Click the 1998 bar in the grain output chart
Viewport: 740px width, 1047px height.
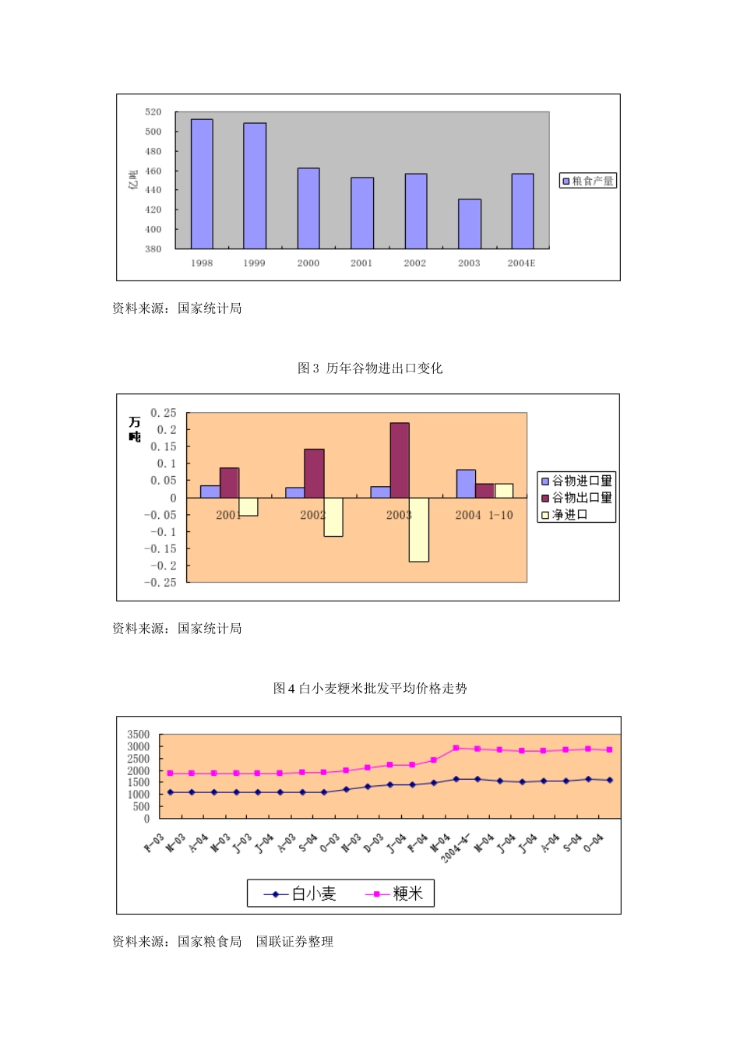[x=202, y=184]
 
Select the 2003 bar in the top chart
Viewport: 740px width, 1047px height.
[x=469, y=224]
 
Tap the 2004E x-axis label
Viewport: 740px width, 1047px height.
[x=521, y=263]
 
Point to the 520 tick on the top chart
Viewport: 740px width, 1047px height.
[x=153, y=112]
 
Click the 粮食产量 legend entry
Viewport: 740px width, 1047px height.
[x=588, y=181]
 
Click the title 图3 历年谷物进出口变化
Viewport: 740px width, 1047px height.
[x=370, y=368]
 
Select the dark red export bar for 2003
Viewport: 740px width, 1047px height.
[x=400, y=460]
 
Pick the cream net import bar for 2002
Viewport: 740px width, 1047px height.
[x=333, y=516]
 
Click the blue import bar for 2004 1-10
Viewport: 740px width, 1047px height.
[x=466, y=484]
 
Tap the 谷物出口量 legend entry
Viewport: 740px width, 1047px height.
[x=576, y=498]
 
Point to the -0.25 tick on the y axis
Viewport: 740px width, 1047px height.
[x=160, y=583]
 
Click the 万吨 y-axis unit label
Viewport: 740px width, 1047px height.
[x=135, y=429]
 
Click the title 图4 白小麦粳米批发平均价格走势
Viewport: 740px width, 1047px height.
[x=370, y=688]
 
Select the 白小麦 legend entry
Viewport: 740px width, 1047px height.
[x=301, y=894]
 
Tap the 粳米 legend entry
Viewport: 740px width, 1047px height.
[x=395, y=894]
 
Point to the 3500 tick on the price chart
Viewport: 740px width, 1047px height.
[x=139, y=735]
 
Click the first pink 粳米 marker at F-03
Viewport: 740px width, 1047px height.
[x=170, y=773]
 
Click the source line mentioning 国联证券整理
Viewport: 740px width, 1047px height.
[x=223, y=941]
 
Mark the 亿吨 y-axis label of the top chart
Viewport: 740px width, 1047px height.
[x=133, y=180]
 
